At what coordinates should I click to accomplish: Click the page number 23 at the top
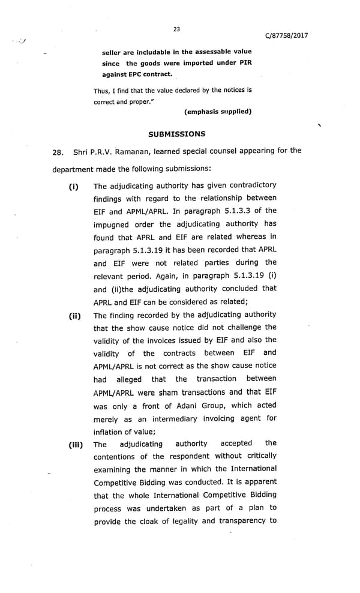(x=176, y=29)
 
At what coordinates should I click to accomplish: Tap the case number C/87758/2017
(x=286, y=35)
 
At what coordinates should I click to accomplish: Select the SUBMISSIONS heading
(x=176, y=134)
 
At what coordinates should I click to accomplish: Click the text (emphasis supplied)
(x=218, y=112)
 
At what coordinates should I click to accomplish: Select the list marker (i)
(x=74, y=187)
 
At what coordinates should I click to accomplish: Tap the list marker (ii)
(x=75, y=316)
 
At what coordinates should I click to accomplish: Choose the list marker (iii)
(x=75, y=445)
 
